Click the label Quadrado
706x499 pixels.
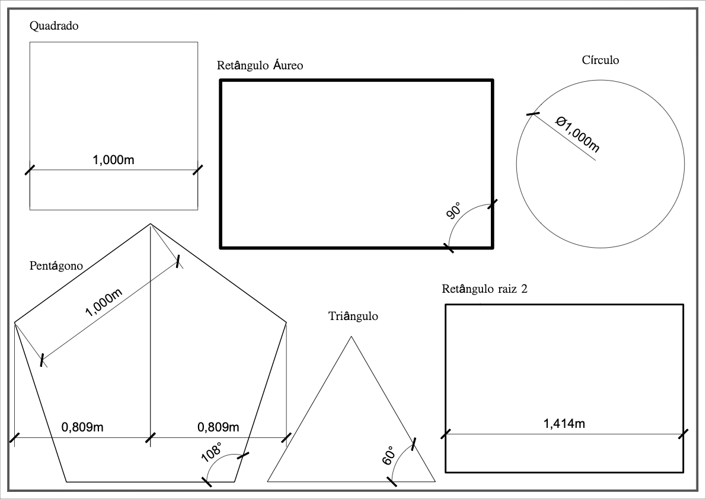(54, 26)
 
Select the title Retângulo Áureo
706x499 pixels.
(260, 65)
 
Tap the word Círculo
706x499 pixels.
(600, 60)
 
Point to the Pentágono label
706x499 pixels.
(56, 266)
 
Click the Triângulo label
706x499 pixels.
(353, 316)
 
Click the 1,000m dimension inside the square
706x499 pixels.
(114, 160)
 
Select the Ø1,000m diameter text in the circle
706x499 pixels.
(577, 134)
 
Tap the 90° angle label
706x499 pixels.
(454, 212)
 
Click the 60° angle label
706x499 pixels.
(388, 455)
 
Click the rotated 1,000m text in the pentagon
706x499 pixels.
(104, 303)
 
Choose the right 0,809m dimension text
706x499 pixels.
(218, 427)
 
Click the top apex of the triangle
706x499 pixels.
(352, 337)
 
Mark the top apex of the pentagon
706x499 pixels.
(151, 224)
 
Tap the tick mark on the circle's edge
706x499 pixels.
(533, 114)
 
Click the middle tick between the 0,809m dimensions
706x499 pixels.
(151, 438)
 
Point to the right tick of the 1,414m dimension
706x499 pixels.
(683, 434)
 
